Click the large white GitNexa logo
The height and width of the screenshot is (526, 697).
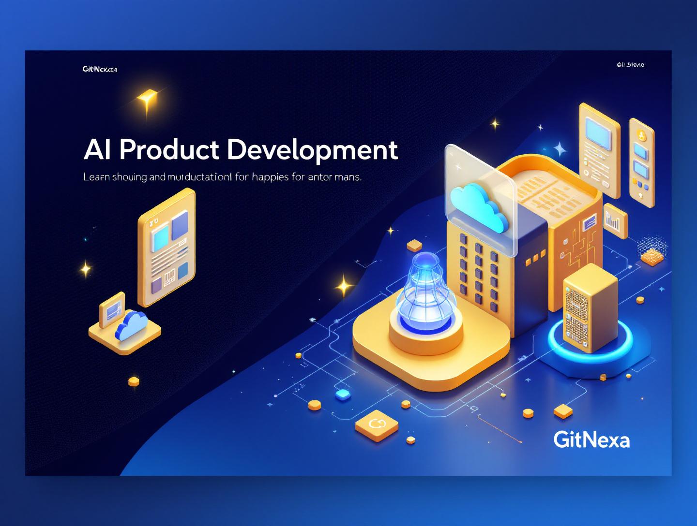(591, 439)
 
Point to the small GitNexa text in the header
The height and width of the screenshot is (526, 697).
(100, 69)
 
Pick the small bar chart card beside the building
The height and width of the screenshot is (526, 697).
(615, 221)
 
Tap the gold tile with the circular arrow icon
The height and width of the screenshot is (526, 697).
(377, 425)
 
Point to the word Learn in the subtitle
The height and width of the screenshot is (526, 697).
(96, 177)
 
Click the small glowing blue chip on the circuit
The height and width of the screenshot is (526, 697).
(342, 394)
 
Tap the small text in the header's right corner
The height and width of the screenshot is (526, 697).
(630, 64)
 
